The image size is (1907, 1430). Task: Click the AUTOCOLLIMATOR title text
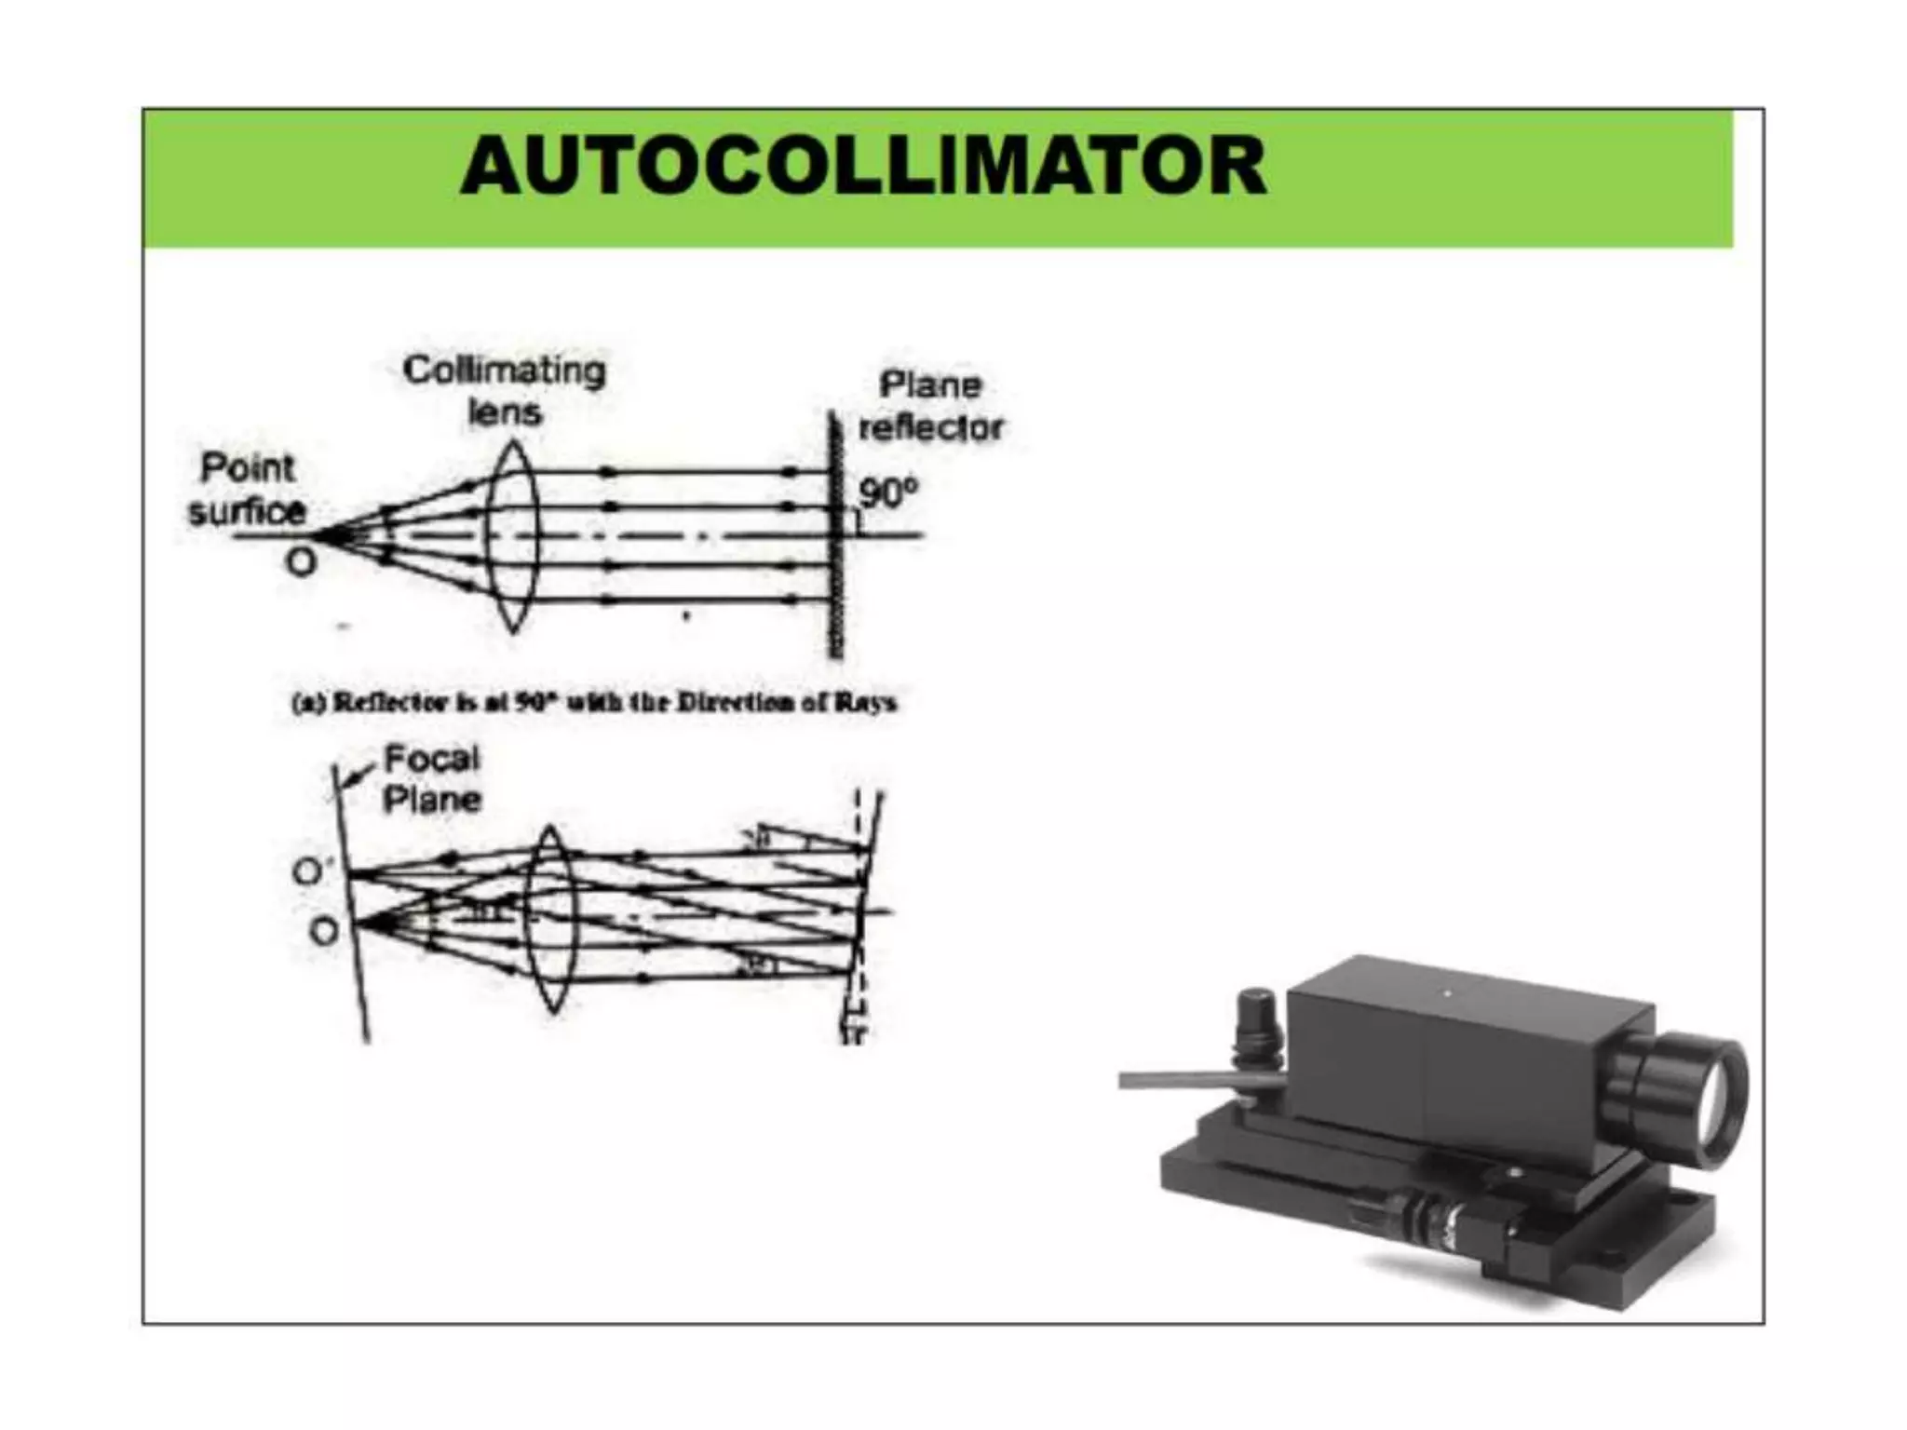pos(863,167)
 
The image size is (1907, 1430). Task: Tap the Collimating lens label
pos(504,390)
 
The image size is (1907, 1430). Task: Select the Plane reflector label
pos(930,406)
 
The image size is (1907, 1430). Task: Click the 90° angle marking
pos(887,492)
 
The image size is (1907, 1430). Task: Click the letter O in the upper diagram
pos(301,561)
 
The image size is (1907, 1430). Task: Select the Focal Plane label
pos(432,779)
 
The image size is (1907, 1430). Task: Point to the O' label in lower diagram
pos(309,872)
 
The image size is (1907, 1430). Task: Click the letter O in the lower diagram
pos(323,931)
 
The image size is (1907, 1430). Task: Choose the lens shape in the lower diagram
pos(551,919)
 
